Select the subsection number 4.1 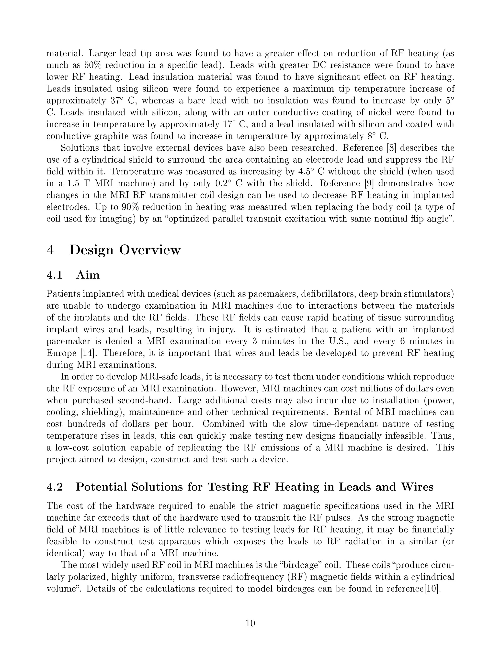click(55, 275)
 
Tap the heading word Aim click(88, 275)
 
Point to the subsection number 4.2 click(55, 487)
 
